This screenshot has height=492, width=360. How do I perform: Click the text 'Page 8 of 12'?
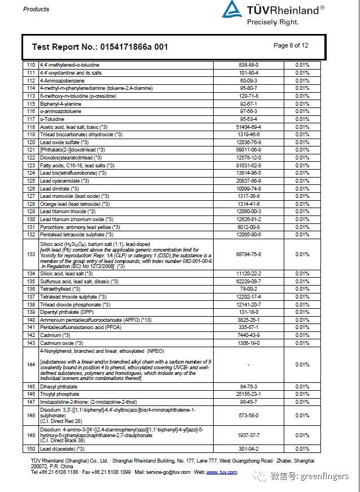point(290,46)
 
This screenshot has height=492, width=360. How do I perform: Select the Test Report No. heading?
point(99,47)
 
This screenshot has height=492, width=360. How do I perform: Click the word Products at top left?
point(36,9)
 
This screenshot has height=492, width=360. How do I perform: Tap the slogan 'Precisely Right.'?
point(272,22)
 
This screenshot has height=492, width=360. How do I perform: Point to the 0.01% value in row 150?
point(302,449)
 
